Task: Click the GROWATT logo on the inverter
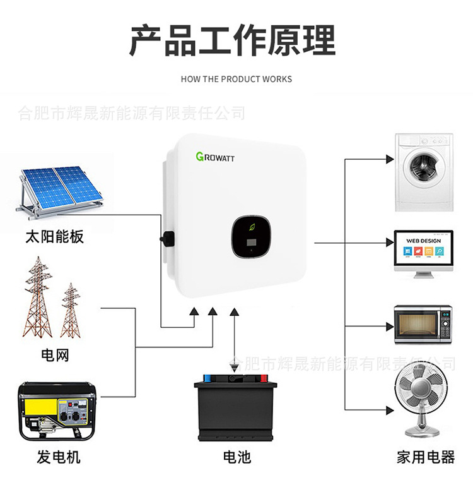(215, 156)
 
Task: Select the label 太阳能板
(54, 237)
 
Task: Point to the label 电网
(54, 355)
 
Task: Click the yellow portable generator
(54, 411)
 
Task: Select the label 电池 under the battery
(237, 457)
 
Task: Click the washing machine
(423, 172)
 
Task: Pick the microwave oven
(423, 324)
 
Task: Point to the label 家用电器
(426, 457)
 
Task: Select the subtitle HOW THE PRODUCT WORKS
(236, 79)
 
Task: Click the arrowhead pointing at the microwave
(390, 327)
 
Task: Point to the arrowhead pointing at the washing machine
(390, 160)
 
